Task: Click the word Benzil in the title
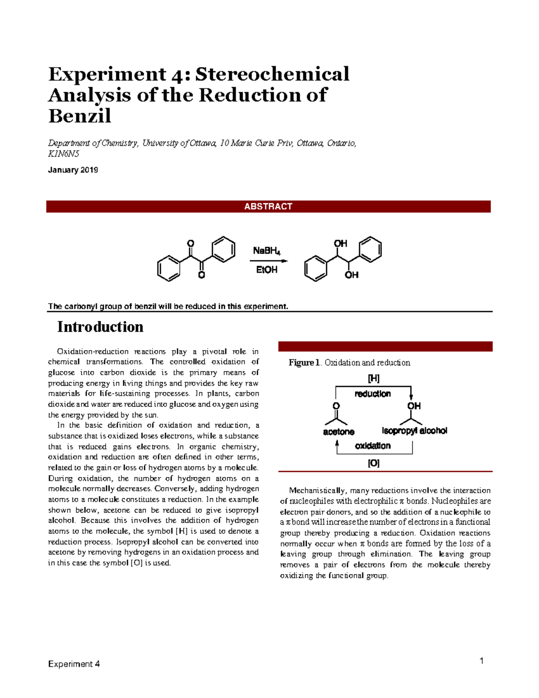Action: coord(80,116)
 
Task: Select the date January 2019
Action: coord(73,170)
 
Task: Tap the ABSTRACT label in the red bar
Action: coord(268,206)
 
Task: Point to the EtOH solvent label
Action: coord(266,270)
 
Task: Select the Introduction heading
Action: coord(100,327)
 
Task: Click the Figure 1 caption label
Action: coord(304,363)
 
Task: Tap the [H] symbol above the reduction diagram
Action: coord(374,378)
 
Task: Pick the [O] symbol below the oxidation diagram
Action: coord(374,463)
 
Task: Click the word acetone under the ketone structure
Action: coord(339,432)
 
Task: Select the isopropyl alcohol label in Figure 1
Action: coord(414,431)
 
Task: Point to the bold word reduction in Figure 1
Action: coord(372,394)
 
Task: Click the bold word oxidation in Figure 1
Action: coord(372,446)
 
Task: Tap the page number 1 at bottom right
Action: coord(482,661)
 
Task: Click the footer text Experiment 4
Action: coord(74,664)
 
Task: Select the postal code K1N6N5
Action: coord(63,154)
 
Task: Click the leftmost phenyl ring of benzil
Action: coord(169,269)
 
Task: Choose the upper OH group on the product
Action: coord(340,243)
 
